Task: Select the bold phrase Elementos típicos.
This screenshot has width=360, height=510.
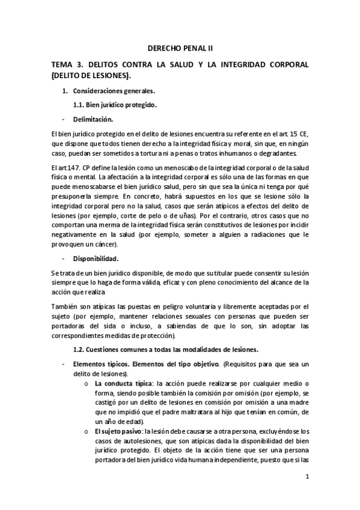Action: pyautogui.click(x=99, y=364)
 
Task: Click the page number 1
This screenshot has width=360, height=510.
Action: pyautogui.click(x=307, y=478)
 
